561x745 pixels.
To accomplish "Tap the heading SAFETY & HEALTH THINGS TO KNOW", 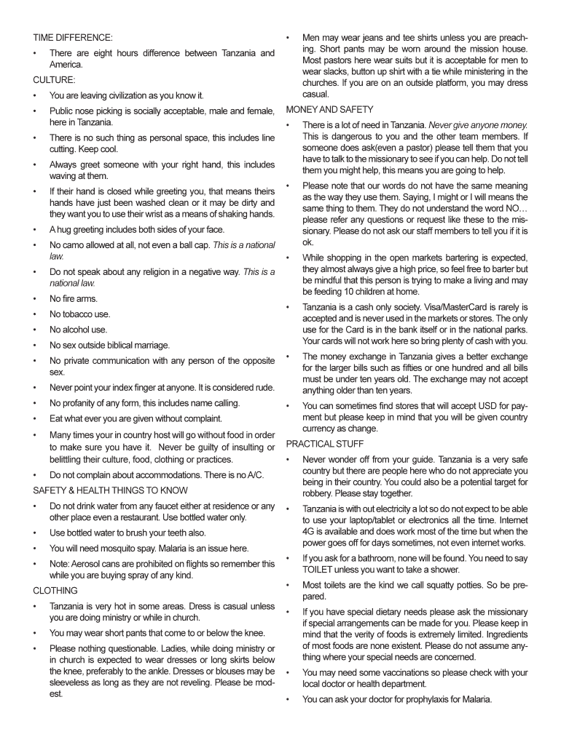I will coord(110,490).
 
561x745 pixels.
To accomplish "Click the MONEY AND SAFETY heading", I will coord(330,109).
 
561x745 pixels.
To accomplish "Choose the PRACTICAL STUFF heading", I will coord(325,444).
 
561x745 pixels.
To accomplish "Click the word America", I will coord(66,64).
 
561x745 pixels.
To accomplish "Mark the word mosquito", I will coord(122,548).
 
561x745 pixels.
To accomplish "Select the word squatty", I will coord(459,585).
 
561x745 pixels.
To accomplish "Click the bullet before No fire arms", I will coord(36,299).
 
